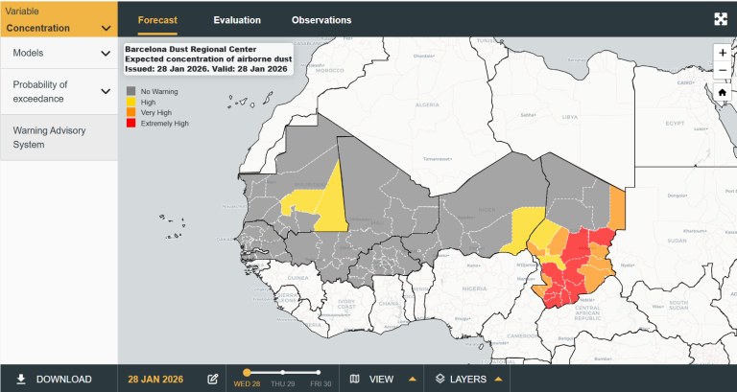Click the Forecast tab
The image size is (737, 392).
tap(157, 20)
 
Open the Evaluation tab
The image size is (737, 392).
tap(236, 20)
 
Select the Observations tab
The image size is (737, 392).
tap(321, 20)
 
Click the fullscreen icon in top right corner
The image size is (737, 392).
tap(721, 19)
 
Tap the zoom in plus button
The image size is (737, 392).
tap(722, 53)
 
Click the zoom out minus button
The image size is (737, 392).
tap(722, 71)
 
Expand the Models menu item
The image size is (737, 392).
tap(59, 54)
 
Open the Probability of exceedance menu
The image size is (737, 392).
tap(59, 92)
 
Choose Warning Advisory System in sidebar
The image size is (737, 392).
tap(59, 138)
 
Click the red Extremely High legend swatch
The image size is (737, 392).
tap(131, 124)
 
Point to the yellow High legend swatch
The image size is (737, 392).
tap(131, 102)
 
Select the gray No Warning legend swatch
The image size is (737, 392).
tap(131, 91)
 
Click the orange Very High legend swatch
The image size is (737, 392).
tap(131, 112)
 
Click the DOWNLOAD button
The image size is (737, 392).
tap(55, 380)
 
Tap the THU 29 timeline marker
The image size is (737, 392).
tap(283, 372)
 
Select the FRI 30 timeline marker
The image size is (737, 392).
tap(320, 372)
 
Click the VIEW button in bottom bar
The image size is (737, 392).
tap(382, 380)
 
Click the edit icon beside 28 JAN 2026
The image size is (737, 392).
tap(213, 380)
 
